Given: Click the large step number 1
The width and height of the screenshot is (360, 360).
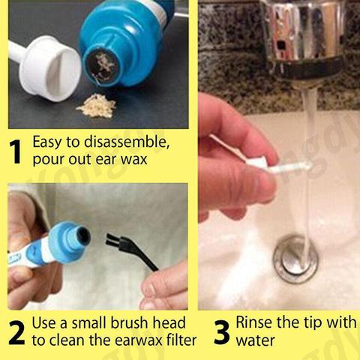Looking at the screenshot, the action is coord(16,151).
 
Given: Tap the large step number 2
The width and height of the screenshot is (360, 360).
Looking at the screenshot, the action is coord(16,333).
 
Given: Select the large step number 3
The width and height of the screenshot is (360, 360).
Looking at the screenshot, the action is coord(221,332).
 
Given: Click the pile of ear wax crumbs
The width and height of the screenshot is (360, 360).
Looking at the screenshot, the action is coord(97,106).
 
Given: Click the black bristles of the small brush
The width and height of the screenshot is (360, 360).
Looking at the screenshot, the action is coord(113,241).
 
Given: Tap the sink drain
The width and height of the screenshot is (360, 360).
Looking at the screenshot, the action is coord(295,260).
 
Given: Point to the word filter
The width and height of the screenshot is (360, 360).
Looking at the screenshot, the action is coord(180,340).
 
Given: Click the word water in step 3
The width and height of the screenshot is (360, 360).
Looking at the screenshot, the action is coord(255,340).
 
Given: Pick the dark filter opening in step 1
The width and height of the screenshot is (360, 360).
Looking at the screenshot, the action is coord(100,64).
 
